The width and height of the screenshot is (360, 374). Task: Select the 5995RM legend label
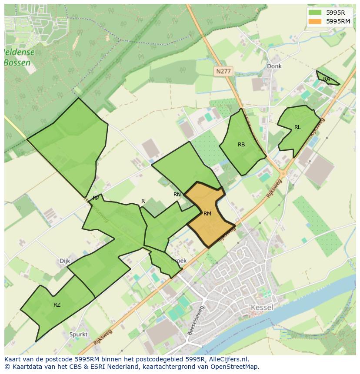point(338,21)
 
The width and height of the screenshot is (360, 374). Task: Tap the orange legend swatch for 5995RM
point(316,21)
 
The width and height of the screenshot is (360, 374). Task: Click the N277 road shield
point(223,71)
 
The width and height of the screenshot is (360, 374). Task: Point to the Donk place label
point(274,66)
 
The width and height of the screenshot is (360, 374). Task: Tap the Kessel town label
point(262,308)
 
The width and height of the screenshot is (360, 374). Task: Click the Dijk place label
point(64,261)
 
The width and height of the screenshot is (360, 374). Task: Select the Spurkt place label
point(78,334)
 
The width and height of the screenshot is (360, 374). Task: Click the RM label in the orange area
point(207,213)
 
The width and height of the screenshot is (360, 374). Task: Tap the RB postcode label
point(241,145)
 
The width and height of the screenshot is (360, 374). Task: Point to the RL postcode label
point(297,127)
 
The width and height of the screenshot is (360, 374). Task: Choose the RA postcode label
point(327,79)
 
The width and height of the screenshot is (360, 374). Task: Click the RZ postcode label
point(57,304)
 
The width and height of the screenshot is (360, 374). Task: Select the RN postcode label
point(177,195)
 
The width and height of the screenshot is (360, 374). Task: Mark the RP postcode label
point(96,198)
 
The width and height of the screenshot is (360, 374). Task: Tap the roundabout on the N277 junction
point(283,173)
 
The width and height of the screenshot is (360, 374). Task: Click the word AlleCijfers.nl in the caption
point(228,359)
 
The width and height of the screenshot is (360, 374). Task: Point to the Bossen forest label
point(17,63)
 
